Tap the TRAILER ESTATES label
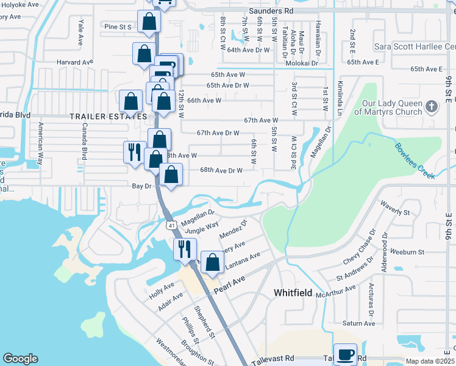tap(108, 116)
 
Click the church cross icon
tap(432, 107)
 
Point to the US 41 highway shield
tap(172, 226)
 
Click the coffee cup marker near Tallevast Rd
tap(345, 354)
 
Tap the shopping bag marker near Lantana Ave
tap(212, 263)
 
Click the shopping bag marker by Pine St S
tap(149, 23)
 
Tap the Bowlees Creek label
tap(414, 161)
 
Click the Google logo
tap(20, 359)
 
